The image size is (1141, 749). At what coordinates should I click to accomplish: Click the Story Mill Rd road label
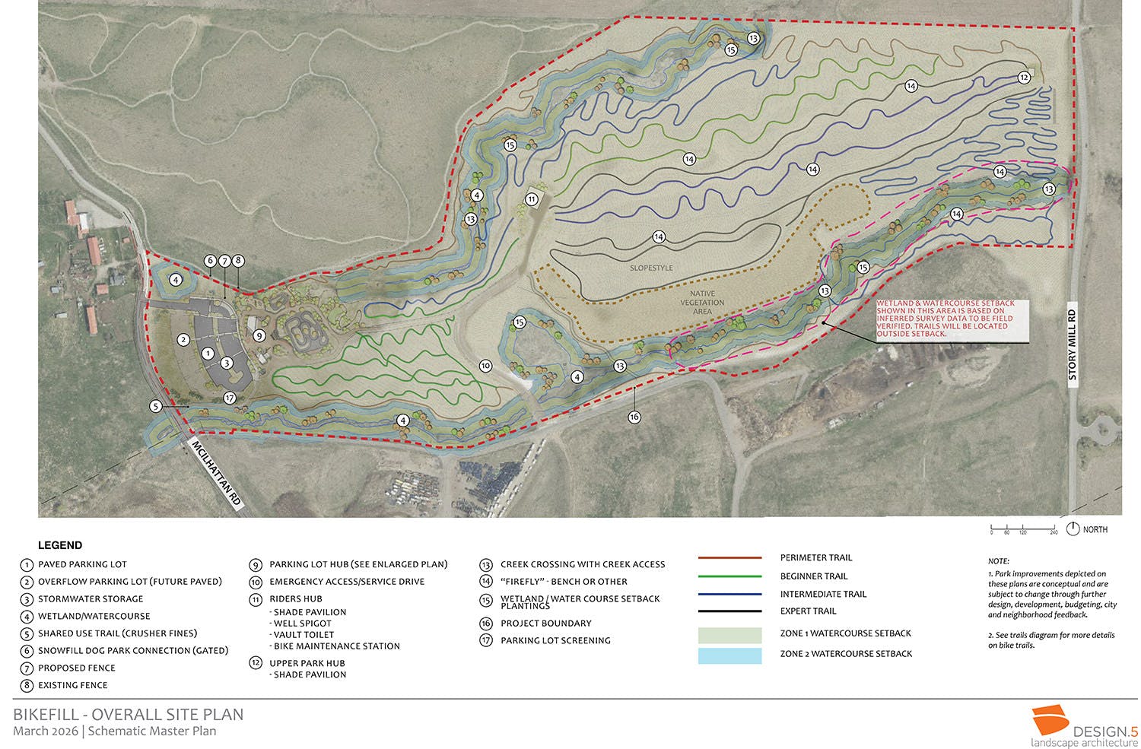point(1073,344)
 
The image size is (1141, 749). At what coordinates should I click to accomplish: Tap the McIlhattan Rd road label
point(216,473)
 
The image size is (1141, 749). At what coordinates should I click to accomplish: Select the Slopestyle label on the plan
point(651,268)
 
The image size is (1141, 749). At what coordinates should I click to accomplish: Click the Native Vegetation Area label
point(702,303)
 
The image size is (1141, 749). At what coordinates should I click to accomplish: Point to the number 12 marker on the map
point(1024,78)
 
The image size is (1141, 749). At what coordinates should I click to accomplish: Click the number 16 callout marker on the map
point(634,417)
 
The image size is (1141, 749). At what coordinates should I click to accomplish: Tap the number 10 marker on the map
point(485,366)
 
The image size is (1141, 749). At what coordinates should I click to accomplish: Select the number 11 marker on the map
point(532,199)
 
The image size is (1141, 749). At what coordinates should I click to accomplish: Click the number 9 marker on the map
point(259,335)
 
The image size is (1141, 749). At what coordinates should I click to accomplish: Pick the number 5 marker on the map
point(156,407)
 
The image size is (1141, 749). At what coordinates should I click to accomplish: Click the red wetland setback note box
point(951,319)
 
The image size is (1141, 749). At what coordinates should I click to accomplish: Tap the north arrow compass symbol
point(1073,528)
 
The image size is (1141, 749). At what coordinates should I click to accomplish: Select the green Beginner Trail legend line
point(729,576)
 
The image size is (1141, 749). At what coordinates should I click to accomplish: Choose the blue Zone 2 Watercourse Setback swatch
point(729,655)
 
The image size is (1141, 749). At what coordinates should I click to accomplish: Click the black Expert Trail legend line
point(729,611)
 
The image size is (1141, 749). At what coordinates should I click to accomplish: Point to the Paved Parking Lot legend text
point(82,565)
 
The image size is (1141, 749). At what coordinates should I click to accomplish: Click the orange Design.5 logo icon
point(1050,721)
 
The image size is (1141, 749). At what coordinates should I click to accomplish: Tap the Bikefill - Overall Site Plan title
point(129,715)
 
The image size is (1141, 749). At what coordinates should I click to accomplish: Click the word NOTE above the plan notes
point(999,561)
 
